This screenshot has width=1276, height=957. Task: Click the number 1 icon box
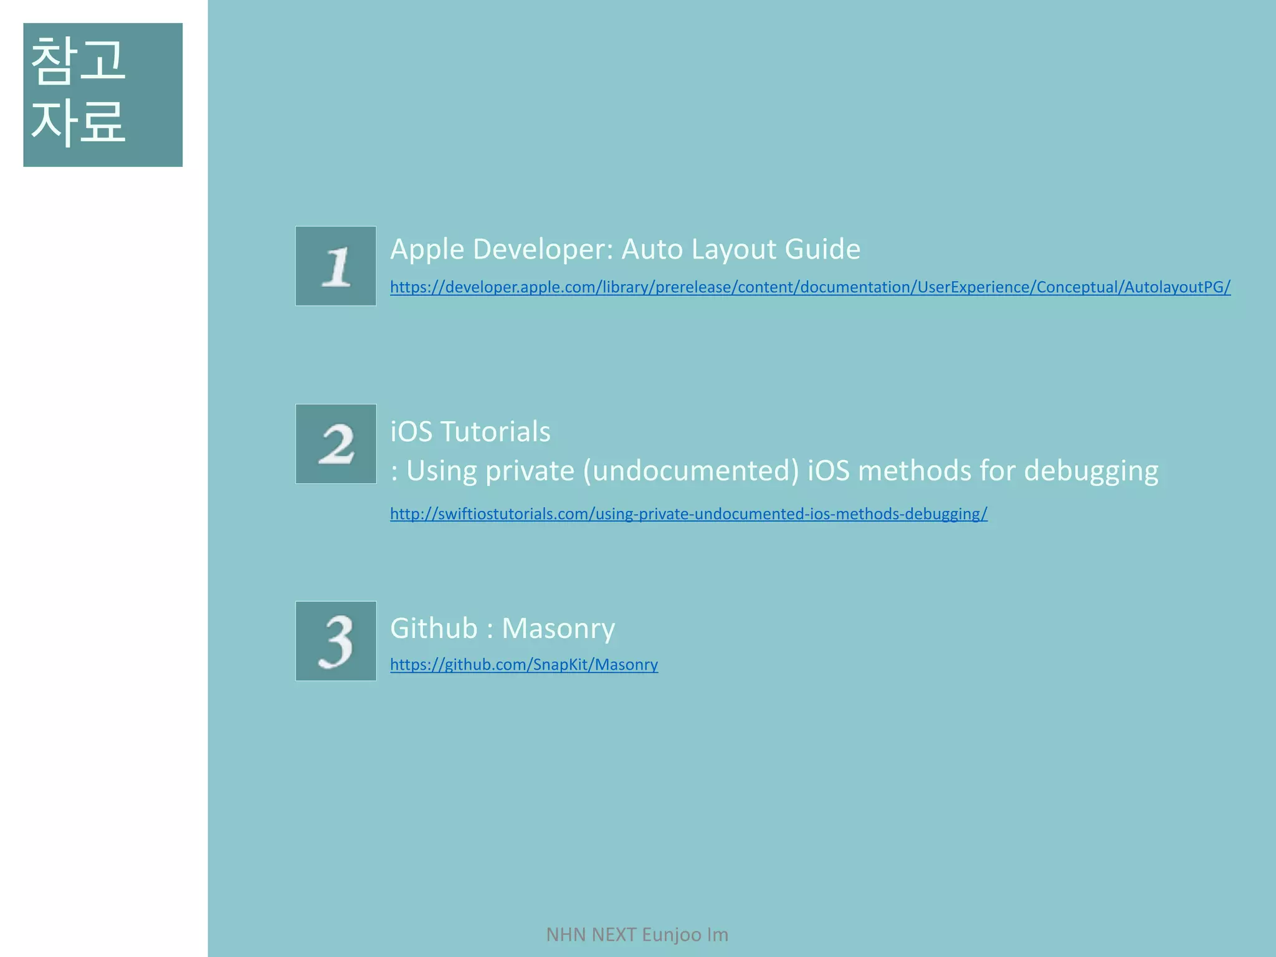click(x=336, y=266)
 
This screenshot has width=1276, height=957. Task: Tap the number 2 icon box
click(x=336, y=444)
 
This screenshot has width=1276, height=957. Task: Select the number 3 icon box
click(x=336, y=640)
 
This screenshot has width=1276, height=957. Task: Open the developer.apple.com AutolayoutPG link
click(x=810, y=287)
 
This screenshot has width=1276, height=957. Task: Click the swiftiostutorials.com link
click(x=688, y=514)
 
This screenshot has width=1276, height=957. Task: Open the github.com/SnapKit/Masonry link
click(x=524, y=665)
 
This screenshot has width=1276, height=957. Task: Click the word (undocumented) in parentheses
click(x=691, y=471)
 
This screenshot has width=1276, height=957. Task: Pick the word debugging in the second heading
click(x=1091, y=471)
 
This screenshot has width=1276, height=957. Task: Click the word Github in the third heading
click(x=434, y=628)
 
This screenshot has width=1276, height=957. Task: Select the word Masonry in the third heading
click(x=558, y=628)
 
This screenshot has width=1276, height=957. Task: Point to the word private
click(x=530, y=471)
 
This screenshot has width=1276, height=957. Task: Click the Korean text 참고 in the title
click(x=78, y=60)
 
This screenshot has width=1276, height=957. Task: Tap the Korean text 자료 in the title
click(x=78, y=121)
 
